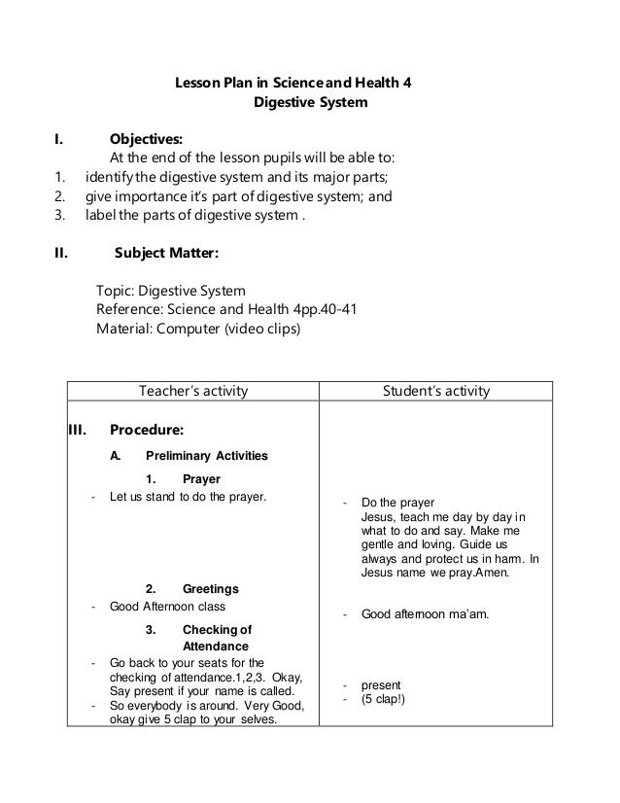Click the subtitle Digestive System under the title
click(x=310, y=101)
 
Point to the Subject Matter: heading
click(x=166, y=254)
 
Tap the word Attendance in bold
click(x=216, y=646)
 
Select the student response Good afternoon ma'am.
click(x=425, y=614)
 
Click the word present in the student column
click(x=380, y=684)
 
